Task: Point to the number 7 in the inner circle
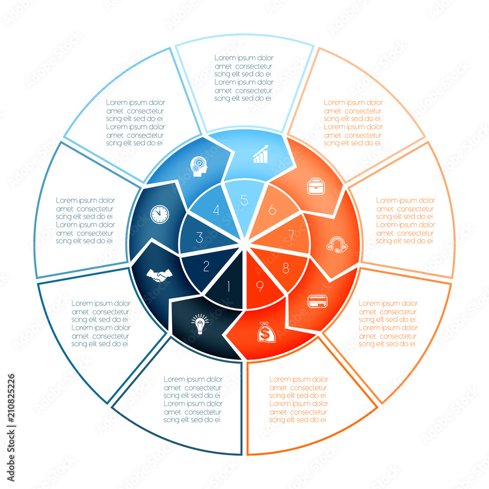tap(291, 236)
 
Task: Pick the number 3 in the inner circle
tap(199, 238)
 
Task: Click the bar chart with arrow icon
tap(261, 154)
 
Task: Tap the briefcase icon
tap(314, 186)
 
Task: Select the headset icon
tap(337, 244)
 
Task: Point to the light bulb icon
tap(200, 325)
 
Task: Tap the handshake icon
tap(157, 275)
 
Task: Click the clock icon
tap(159, 213)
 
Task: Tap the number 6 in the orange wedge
tap(272, 210)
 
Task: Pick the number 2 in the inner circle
tap(206, 267)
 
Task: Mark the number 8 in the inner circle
tap(285, 268)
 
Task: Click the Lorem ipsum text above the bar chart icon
tap(244, 78)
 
